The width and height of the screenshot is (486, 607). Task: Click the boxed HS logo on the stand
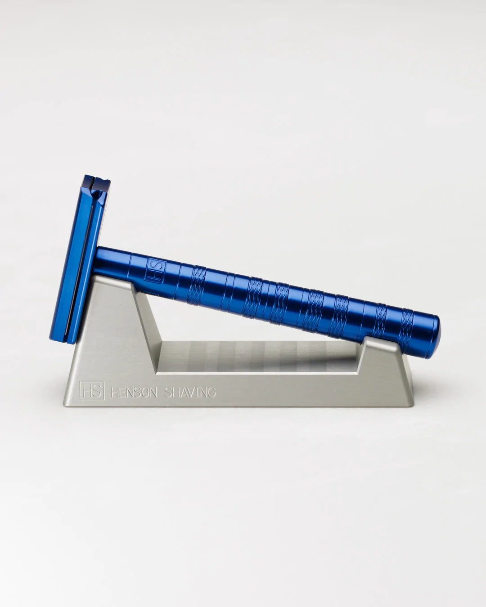point(92,391)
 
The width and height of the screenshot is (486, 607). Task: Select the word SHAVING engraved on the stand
point(189,393)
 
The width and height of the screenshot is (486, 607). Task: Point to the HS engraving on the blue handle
point(155,271)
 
